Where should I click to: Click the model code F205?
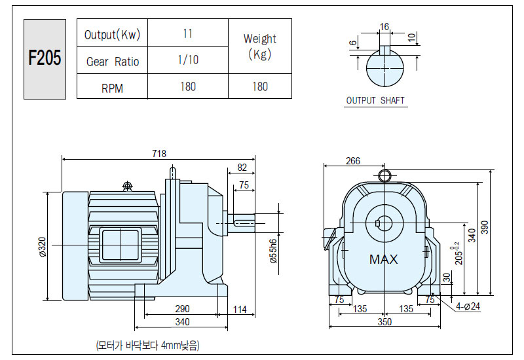tap(45, 58)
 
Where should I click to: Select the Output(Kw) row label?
tap(112, 35)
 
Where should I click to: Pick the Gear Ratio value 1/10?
tap(188, 60)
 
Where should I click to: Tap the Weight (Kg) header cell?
tap(260, 46)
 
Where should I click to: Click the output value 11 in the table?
tap(188, 33)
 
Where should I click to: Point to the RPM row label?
tap(112, 88)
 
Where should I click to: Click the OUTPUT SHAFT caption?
tap(375, 101)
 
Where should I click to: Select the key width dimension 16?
tap(384, 27)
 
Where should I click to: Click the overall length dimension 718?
tap(159, 153)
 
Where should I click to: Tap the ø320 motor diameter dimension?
tap(43, 247)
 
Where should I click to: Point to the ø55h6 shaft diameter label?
tap(274, 251)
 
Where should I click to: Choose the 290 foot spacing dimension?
tap(182, 308)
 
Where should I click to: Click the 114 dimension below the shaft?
tap(240, 309)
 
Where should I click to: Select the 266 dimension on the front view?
tap(353, 161)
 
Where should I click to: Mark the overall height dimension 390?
tap(485, 227)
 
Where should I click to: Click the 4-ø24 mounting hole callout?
tap(468, 306)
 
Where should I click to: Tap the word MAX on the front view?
tap(384, 259)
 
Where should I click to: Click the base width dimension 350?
tap(384, 321)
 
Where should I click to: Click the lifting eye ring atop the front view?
tap(384, 175)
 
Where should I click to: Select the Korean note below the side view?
tap(148, 345)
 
